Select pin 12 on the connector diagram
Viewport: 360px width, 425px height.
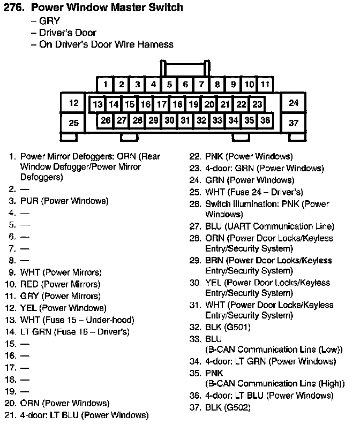[x=74, y=103]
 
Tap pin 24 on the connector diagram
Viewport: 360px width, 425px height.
[x=294, y=103]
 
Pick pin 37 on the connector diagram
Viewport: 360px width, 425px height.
[x=294, y=123]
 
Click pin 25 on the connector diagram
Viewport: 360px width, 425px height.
[x=74, y=123]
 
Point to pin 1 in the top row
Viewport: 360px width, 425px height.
[x=106, y=85]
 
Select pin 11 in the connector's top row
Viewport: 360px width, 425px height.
[x=265, y=85]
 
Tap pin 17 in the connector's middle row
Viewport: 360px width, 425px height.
[x=161, y=104]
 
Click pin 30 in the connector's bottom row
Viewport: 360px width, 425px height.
[x=169, y=120]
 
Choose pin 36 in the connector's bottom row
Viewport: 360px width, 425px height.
[x=265, y=120]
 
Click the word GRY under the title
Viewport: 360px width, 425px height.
[x=50, y=21]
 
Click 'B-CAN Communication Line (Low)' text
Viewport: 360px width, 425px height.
[x=273, y=350]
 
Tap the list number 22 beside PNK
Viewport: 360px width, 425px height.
[x=195, y=157]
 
